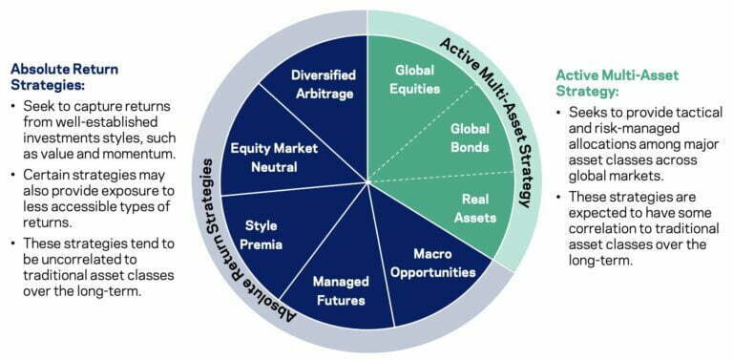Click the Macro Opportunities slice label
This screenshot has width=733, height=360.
pyautogui.click(x=431, y=263)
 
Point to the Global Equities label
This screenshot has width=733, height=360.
pyautogui.click(x=417, y=81)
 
